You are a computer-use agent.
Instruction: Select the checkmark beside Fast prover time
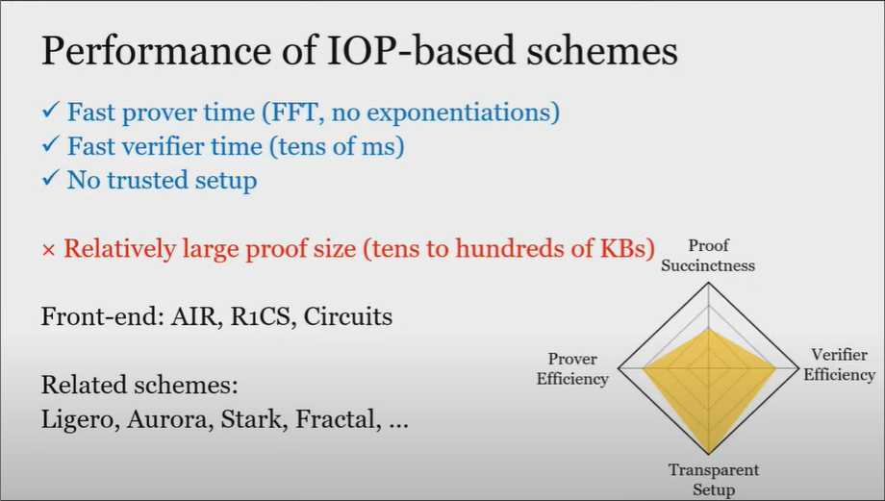pos(50,110)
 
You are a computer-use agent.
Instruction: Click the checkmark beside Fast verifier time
pos(50,144)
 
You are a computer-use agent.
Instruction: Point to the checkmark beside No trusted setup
pos(50,178)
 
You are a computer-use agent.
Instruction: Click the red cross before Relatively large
pos(48,250)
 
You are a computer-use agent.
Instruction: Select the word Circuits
pos(347,316)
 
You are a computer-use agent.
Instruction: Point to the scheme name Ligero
pos(80,419)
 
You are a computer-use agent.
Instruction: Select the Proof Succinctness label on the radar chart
pos(708,256)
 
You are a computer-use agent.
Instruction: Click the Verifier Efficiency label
pos(839,364)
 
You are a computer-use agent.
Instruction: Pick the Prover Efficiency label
pos(572,369)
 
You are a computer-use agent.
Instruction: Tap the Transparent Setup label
pos(714,479)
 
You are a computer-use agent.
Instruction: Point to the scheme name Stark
pos(254,419)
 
